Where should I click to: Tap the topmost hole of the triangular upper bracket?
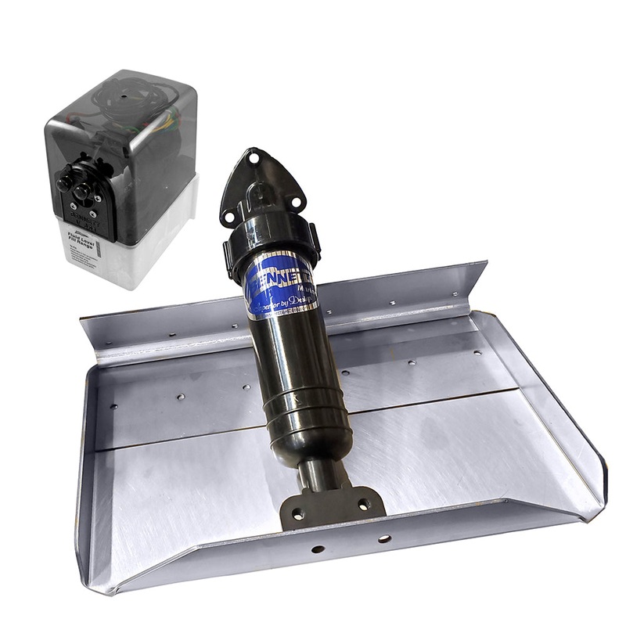[251, 156]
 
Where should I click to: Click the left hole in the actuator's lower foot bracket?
[297, 514]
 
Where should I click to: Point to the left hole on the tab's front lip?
[317, 549]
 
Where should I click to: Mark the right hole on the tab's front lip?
[384, 539]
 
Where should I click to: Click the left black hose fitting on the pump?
[64, 182]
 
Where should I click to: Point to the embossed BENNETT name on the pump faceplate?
[81, 212]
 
